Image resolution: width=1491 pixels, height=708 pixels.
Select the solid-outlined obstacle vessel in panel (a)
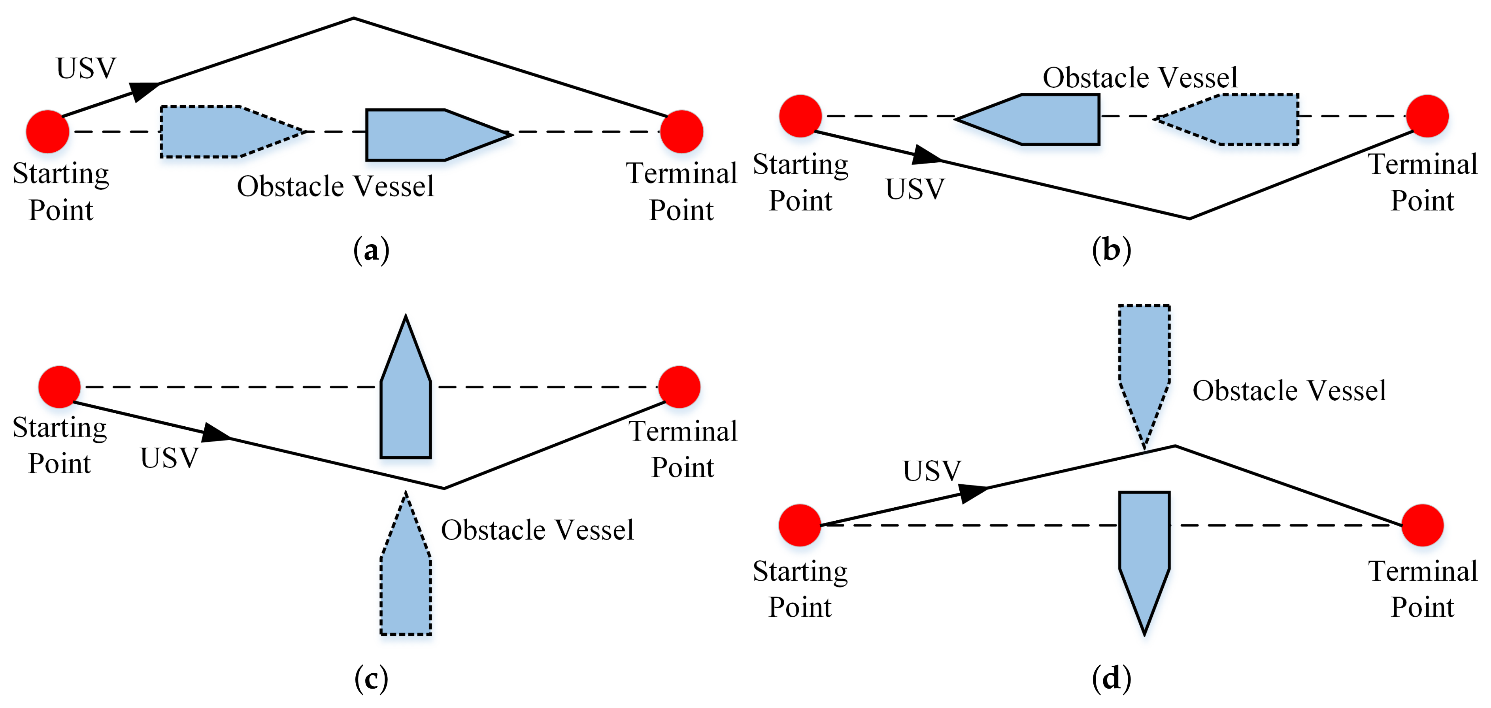coord(428,135)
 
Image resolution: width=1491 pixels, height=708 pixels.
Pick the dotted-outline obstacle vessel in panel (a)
coord(223,132)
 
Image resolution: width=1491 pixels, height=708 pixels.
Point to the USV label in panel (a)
coord(86,68)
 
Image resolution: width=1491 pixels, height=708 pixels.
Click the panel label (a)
coord(371,250)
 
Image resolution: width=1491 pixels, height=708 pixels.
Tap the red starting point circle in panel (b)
coord(800,116)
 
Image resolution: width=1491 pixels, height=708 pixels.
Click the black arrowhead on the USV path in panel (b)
coord(926,155)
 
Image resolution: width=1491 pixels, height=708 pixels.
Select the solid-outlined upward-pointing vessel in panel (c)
coord(405,399)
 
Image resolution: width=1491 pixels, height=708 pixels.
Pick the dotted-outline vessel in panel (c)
coord(405,578)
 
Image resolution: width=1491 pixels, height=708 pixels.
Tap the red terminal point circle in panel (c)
coord(679,387)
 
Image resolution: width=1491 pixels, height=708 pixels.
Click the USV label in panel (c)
coord(169,458)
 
